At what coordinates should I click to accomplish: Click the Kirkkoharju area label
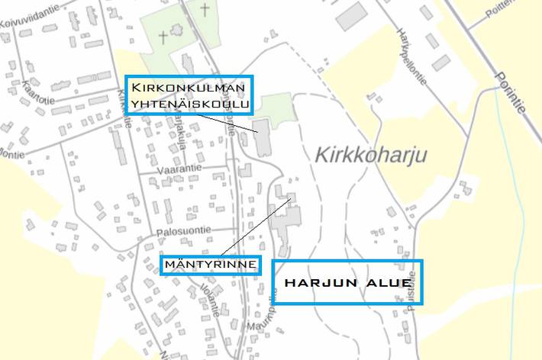(370, 156)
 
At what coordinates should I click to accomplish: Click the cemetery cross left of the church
(163, 35)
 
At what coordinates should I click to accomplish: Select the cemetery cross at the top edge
(205, 9)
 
